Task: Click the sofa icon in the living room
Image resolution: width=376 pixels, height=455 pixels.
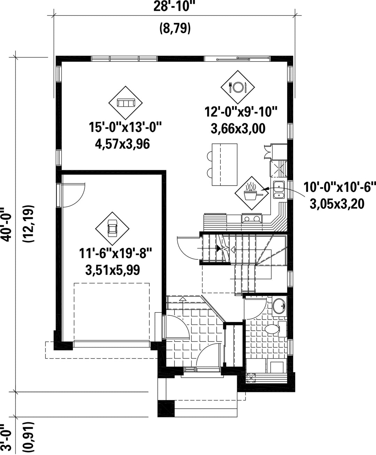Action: point(126,103)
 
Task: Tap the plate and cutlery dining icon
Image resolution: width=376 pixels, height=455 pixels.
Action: point(237,87)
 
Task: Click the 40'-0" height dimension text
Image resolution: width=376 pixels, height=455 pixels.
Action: point(6,224)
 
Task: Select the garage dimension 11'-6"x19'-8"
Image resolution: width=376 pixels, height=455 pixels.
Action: point(115,253)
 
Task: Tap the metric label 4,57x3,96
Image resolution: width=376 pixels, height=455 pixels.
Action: point(123,144)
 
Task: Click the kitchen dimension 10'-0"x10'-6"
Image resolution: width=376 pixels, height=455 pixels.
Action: point(339,187)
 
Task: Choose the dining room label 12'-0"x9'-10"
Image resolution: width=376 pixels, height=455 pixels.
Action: point(241,112)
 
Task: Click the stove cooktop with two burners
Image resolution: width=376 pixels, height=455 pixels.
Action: point(252,218)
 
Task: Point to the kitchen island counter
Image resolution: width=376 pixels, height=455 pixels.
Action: point(225,165)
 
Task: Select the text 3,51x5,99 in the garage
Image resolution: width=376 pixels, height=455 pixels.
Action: point(112,270)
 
